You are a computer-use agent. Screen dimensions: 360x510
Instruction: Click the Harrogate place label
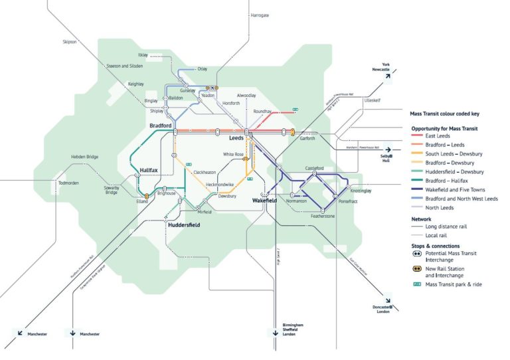click(x=260, y=15)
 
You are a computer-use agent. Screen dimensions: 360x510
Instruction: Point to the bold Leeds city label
click(x=236, y=138)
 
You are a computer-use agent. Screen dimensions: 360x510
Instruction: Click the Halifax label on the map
click(x=149, y=171)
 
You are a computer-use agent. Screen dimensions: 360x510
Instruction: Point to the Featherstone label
click(x=324, y=216)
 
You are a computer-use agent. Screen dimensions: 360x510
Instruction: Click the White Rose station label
click(x=234, y=154)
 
